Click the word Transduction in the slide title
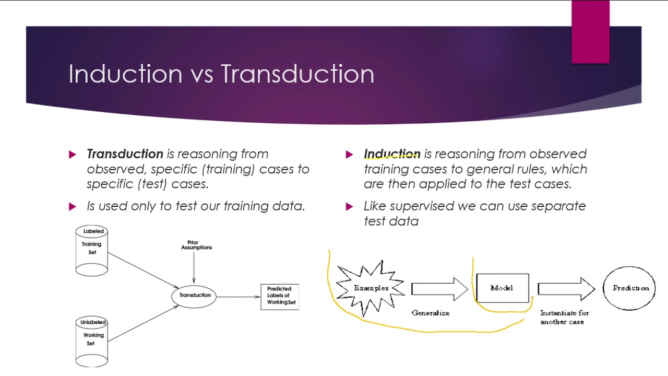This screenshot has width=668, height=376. coord(297,74)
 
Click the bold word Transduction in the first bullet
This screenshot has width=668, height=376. coord(125,154)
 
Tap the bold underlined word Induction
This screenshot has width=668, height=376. coord(392,154)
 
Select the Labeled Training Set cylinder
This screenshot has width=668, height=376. coord(92,251)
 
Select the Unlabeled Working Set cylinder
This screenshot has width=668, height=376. coord(92,342)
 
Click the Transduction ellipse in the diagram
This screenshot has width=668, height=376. coord(194,296)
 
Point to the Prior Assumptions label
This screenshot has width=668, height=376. coord(196,245)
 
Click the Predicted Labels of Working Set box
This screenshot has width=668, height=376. coord(280,296)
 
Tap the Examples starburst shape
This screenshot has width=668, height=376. coord(371,288)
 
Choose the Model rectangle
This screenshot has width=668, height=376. coord(502,288)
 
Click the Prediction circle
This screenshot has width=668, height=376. coord(629,288)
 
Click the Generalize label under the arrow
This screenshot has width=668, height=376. coord(430,313)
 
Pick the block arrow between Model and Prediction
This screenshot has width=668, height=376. coord(566,289)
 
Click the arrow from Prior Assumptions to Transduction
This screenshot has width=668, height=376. coord(194,267)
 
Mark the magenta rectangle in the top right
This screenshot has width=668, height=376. coord(590,31)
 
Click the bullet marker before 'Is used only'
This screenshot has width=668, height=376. coord(73,207)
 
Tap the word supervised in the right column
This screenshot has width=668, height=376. coord(422,206)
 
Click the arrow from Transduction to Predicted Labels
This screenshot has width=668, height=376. coord(238,297)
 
